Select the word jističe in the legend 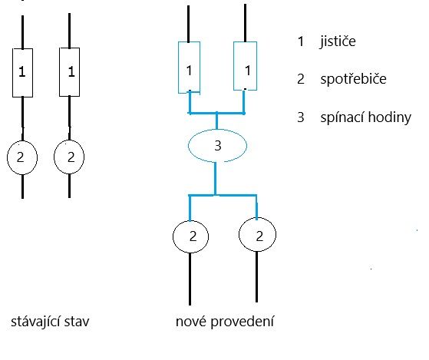[x=338, y=41]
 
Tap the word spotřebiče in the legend [x=353, y=79]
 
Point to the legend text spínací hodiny [x=366, y=117]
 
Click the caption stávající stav [x=50, y=322]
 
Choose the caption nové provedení [x=225, y=321]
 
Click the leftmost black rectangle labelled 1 [x=12, y=73]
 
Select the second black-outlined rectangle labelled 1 [x=59, y=72]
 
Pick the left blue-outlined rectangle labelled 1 [x=178, y=68]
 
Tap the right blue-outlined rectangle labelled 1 [x=233, y=66]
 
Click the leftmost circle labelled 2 [x=8, y=157]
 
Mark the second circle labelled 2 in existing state [x=54, y=157]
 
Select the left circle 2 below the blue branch [x=173, y=236]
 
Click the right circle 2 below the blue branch [x=239, y=234]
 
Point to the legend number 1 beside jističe [x=301, y=41]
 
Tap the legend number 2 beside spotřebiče [x=301, y=79]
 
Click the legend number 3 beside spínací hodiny [x=301, y=117]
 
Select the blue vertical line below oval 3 [x=216, y=178]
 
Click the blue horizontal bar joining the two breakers [x=216, y=113]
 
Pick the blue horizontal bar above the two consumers [x=223, y=195]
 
